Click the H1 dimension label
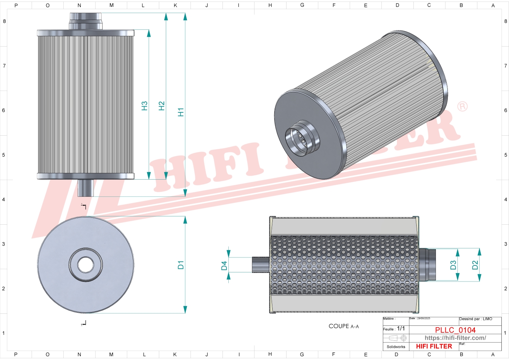click(181, 112)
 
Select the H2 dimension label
click(162, 106)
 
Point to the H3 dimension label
click(144, 106)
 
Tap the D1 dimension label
click(181, 265)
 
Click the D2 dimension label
click(475, 265)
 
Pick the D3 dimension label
click(453, 265)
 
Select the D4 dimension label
click(224, 266)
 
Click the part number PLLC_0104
click(455, 330)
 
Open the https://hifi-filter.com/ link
click(455, 338)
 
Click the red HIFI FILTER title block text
click(434, 346)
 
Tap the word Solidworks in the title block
click(396, 347)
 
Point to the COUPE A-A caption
click(344, 326)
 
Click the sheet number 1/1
click(401, 328)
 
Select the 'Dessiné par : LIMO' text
click(476, 319)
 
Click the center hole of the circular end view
click(86, 264)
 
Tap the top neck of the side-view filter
click(86, 21)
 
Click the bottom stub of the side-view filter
click(85, 188)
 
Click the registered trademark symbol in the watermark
click(462, 106)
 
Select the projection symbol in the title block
click(396, 338)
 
